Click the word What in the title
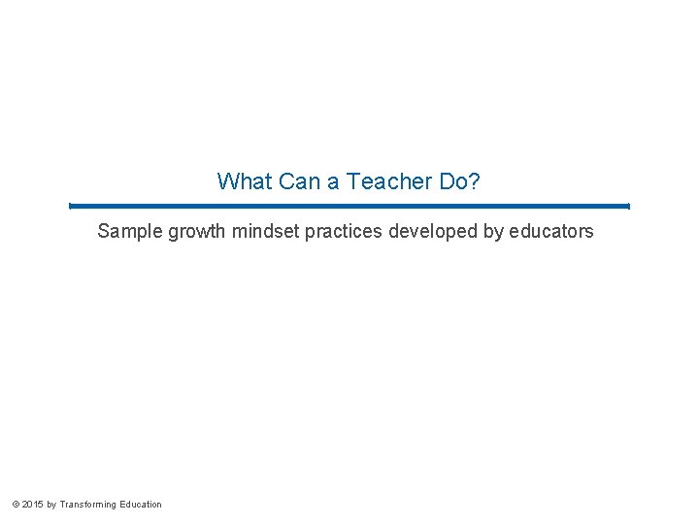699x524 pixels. click(x=245, y=181)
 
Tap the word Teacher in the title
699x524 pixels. click(x=382, y=181)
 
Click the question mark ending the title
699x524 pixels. click(x=474, y=181)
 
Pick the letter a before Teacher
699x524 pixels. click(x=332, y=181)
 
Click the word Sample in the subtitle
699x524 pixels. click(x=130, y=232)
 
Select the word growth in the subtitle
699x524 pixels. click(x=197, y=233)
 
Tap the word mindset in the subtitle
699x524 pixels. click(x=267, y=232)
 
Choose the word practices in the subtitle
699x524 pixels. click(x=345, y=232)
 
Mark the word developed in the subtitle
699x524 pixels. click(x=430, y=233)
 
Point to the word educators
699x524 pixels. click(x=551, y=232)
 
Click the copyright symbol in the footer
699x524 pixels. click(x=15, y=505)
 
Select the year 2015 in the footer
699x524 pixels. click(x=32, y=505)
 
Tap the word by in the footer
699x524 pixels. click(x=51, y=505)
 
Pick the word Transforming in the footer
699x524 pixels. click(x=88, y=505)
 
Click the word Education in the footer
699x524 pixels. click(x=141, y=505)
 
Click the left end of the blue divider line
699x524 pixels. click(x=71, y=206)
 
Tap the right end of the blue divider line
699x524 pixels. click(x=628, y=206)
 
